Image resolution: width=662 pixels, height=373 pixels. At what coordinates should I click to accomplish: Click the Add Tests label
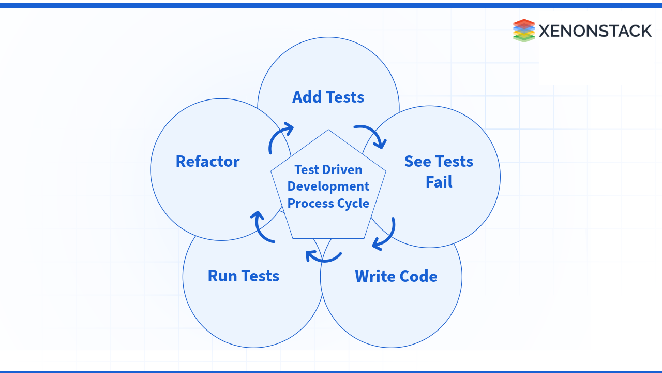pyautogui.click(x=328, y=97)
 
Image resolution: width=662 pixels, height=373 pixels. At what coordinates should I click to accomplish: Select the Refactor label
pyautogui.click(x=207, y=162)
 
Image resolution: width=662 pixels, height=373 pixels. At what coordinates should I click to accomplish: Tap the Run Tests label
pyautogui.click(x=243, y=276)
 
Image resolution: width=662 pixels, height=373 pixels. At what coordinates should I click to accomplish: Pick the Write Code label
pyautogui.click(x=396, y=277)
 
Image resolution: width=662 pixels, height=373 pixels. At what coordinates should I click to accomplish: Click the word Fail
pyautogui.click(x=439, y=182)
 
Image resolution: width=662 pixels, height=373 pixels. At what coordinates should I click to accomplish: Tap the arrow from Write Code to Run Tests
pyautogui.click(x=323, y=256)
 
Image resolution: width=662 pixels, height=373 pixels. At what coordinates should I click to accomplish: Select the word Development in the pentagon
pyautogui.click(x=328, y=187)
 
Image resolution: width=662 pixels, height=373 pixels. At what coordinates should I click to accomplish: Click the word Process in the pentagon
pyautogui.click(x=307, y=203)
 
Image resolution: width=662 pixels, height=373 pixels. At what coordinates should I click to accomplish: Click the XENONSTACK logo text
pyautogui.click(x=595, y=31)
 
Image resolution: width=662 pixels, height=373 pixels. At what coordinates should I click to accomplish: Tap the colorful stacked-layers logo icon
pyautogui.click(x=523, y=31)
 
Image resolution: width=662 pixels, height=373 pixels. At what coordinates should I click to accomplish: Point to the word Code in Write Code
pyautogui.click(x=417, y=277)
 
